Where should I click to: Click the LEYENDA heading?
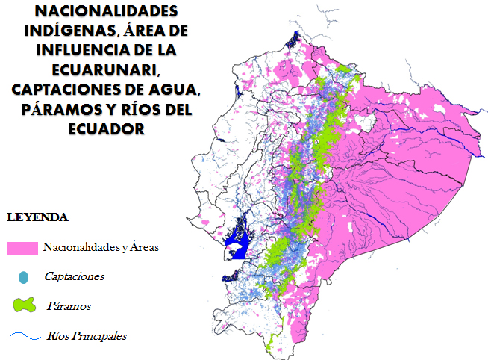click(x=37, y=218)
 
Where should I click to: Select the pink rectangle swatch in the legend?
click(x=22, y=247)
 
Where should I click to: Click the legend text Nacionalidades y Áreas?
click(x=100, y=247)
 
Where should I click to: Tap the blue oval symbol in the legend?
click(x=23, y=276)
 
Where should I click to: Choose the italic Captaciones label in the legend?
click(x=74, y=276)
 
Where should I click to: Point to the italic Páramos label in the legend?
click(x=69, y=306)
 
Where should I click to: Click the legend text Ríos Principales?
click(x=86, y=336)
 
